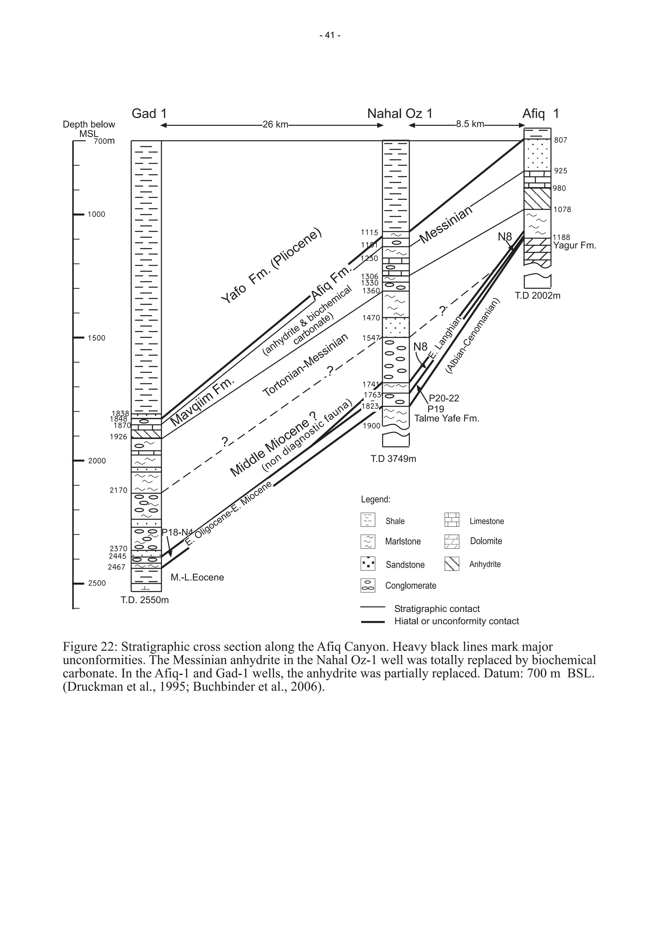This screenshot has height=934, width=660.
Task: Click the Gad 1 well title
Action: pos(149,113)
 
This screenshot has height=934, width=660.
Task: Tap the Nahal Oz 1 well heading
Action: pos(399,113)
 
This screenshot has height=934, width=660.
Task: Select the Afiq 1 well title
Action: pos(540,113)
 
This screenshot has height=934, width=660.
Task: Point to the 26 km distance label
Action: pos(275,124)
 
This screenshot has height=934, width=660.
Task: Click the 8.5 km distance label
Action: pos(470,124)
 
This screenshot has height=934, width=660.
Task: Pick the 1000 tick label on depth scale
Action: pos(96,214)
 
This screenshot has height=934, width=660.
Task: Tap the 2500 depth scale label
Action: pos(97,583)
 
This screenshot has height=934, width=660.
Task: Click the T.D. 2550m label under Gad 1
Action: pos(145,600)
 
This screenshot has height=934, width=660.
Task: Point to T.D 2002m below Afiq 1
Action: pos(538,296)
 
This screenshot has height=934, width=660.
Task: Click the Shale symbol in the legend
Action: pos(368,520)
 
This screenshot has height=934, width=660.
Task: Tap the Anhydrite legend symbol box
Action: pos(452,564)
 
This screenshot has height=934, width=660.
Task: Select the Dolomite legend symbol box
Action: pos(452,541)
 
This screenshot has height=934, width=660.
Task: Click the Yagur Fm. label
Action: pos(574,246)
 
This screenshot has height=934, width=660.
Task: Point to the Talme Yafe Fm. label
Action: pos(447,418)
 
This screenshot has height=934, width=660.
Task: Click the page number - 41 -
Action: pos(330,35)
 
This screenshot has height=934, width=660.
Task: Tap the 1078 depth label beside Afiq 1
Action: pos(562,210)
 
